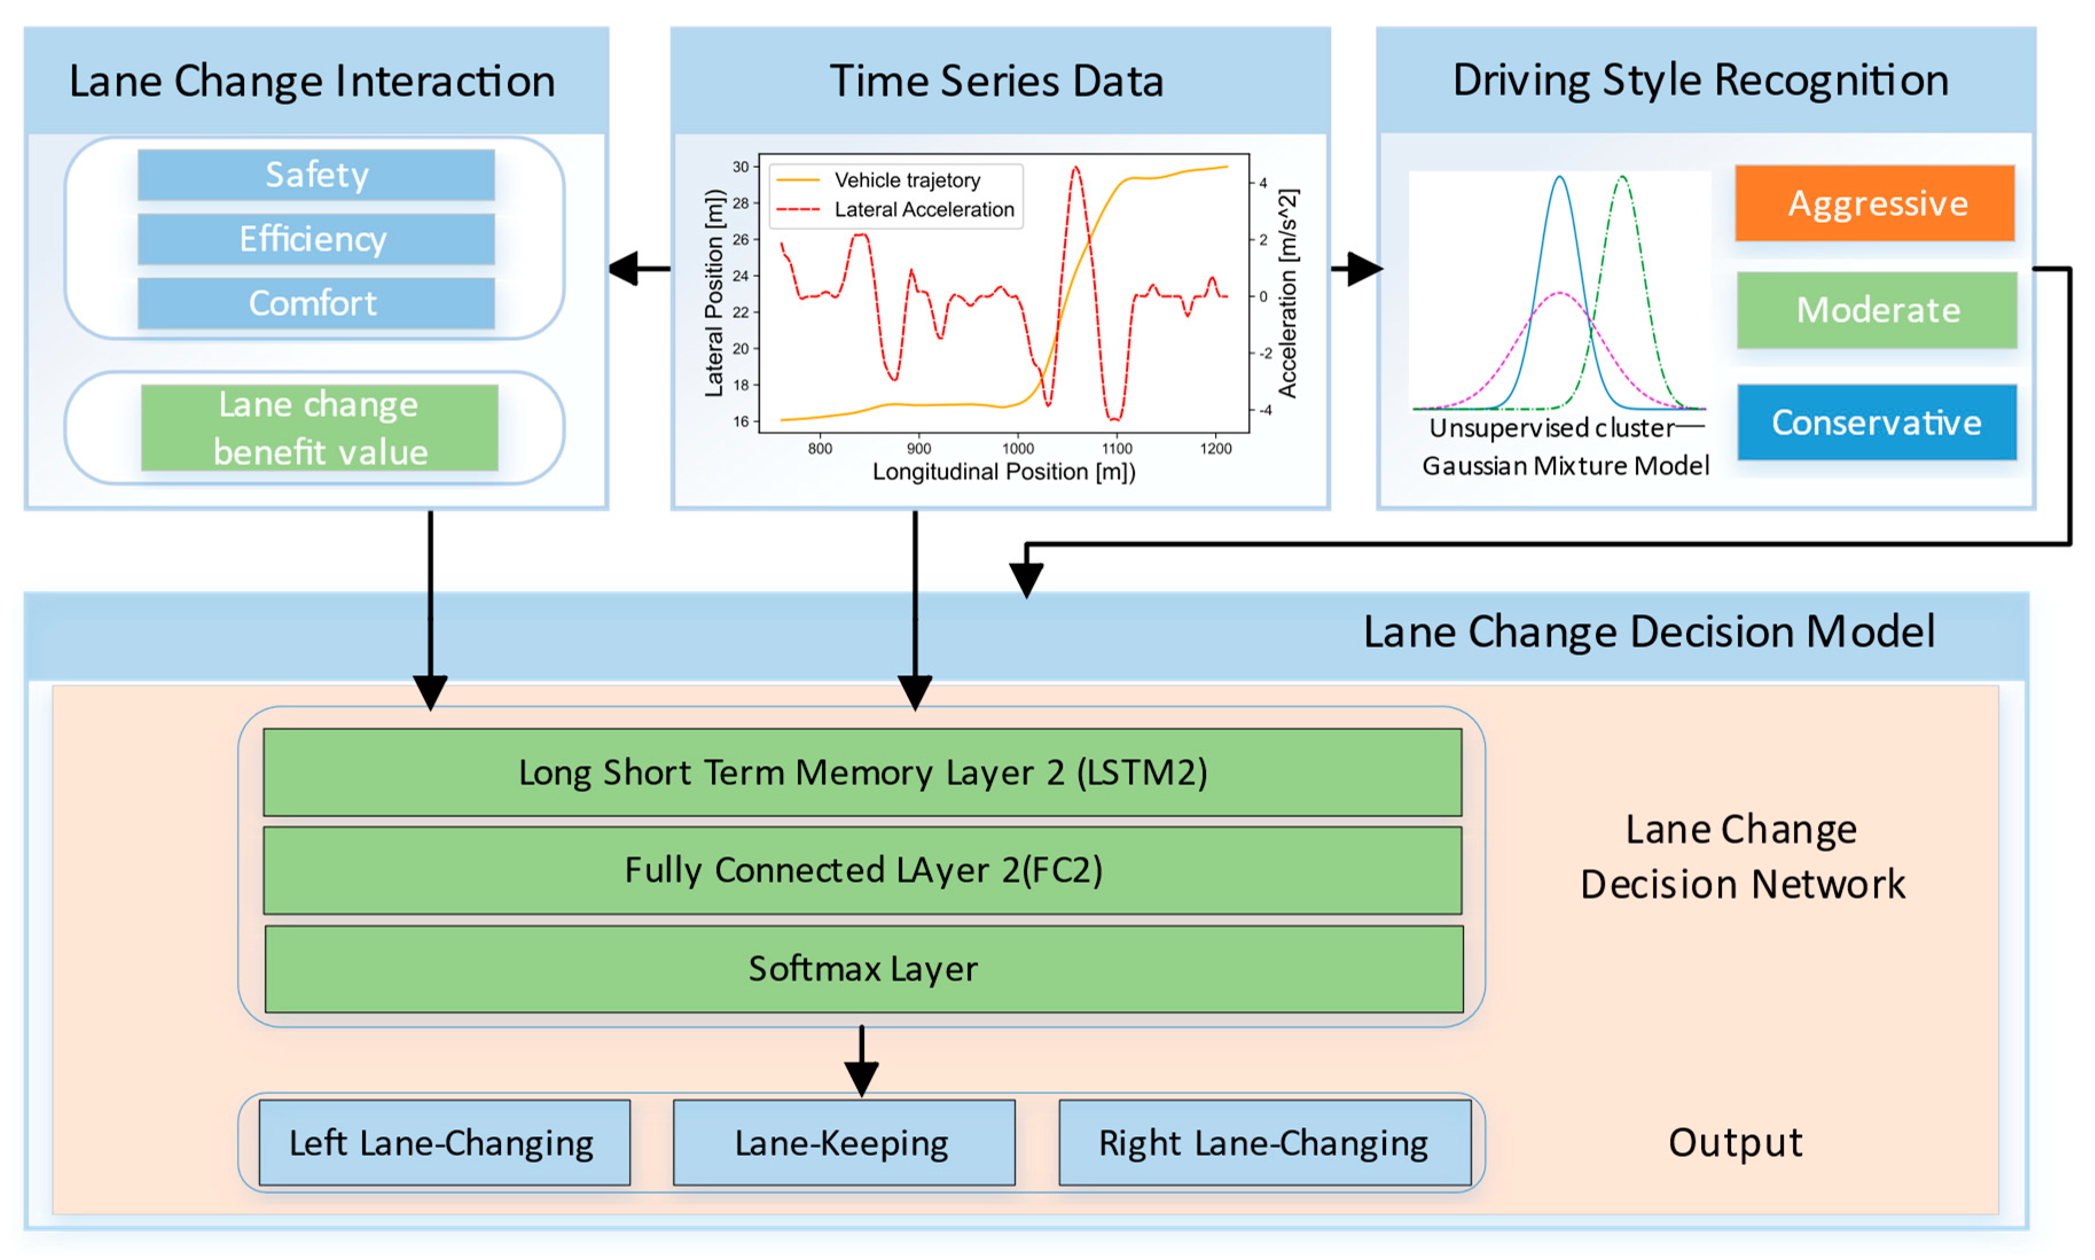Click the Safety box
(316, 175)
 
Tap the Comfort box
(316, 303)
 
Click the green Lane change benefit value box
(319, 428)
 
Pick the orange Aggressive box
(1874, 204)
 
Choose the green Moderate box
(1876, 310)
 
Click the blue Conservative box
(1876, 422)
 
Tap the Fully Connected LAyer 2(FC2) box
(863, 870)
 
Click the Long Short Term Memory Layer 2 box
(863, 772)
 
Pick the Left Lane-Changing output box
(443, 1143)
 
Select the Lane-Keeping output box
(843, 1143)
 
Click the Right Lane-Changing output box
(1264, 1143)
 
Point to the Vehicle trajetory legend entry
(906, 180)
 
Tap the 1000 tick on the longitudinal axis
(1017, 448)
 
